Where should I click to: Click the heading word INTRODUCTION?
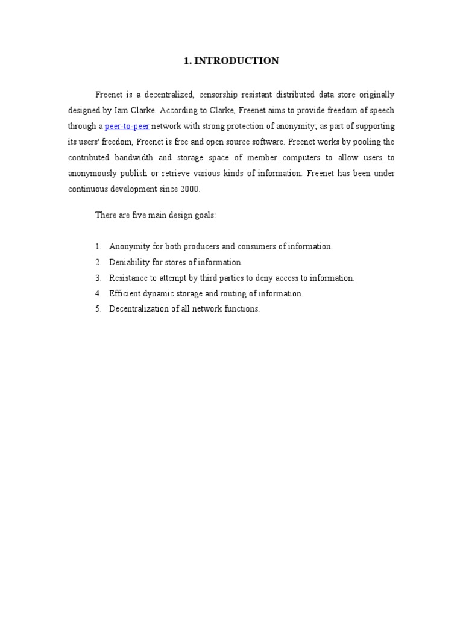(236, 61)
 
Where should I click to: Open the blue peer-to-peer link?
(127, 127)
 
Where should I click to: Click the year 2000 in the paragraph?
(189, 189)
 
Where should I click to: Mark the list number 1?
(98, 246)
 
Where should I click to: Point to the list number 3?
(98, 278)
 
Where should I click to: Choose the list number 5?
(98, 309)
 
